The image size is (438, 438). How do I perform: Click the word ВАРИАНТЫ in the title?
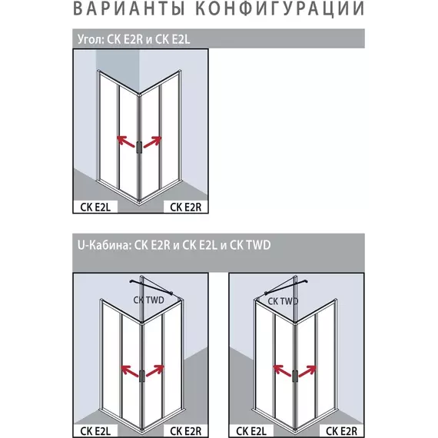[129, 8]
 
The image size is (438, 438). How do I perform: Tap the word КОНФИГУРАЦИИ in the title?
[280, 8]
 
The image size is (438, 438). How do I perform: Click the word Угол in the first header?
[90, 39]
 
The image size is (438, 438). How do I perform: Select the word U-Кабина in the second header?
[105, 245]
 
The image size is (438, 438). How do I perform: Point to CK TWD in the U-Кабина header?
[250, 245]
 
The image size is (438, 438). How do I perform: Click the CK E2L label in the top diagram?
[95, 207]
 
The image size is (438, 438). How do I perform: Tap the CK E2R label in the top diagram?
[185, 207]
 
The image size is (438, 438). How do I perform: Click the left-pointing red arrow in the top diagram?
[126, 141]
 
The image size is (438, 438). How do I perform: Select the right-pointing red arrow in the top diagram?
[152, 141]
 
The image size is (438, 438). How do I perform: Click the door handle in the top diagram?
[139, 148]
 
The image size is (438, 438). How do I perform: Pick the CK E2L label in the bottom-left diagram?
[95, 431]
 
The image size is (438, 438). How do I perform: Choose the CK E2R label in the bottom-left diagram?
[185, 431]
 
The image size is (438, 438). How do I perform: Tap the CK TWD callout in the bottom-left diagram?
[148, 300]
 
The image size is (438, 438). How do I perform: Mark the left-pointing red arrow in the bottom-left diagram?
[130, 371]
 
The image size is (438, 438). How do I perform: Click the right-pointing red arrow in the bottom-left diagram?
[155, 370]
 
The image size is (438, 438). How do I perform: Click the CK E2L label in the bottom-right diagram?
[251, 431]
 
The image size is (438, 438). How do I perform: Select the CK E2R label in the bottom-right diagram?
[341, 431]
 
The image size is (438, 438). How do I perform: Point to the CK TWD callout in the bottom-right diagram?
[283, 301]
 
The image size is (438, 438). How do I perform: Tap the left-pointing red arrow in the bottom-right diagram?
[282, 371]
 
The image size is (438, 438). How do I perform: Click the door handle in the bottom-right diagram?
[295, 377]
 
